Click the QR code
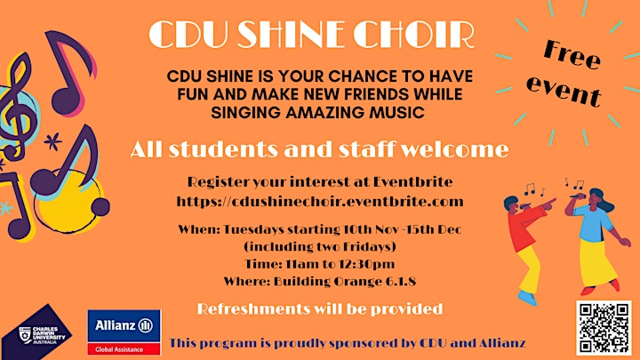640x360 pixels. [x=604, y=328]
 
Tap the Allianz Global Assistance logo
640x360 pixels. [x=124, y=332]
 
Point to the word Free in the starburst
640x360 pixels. [x=572, y=54]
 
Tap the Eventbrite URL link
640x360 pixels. [x=320, y=201]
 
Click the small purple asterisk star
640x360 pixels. [x=53, y=141]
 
